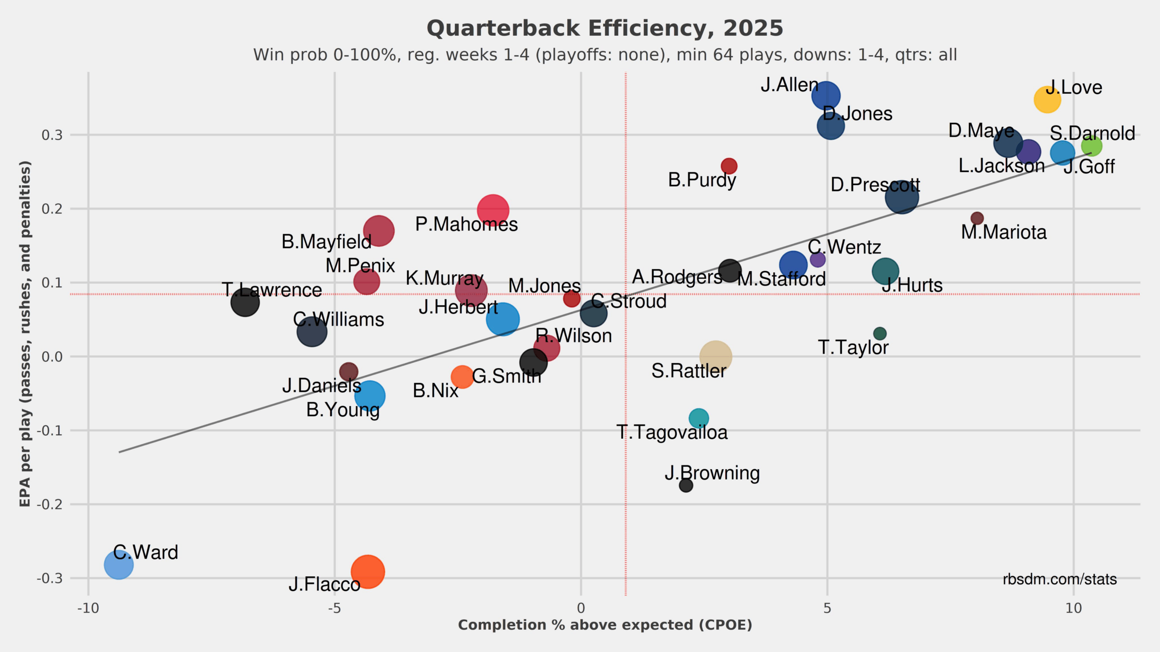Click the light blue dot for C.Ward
click(x=119, y=565)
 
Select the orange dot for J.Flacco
click(x=367, y=571)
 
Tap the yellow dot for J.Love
click(x=1047, y=100)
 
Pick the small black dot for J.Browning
click(x=686, y=485)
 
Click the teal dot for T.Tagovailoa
click(x=699, y=418)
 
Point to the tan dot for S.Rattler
click(x=715, y=357)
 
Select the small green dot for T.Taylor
click(x=880, y=334)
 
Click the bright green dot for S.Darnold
click(x=1091, y=146)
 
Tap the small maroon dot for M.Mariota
click(x=977, y=218)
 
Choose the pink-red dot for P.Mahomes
click(x=493, y=210)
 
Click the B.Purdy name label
click(x=702, y=180)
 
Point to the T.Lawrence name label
click(x=272, y=290)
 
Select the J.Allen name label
click(x=789, y=85)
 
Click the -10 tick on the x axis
click(x=88, y=608)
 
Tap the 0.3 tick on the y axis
click(x=52, y=135)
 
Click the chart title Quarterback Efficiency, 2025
click(x=605, y=29)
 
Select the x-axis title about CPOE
click(x=605, y=625)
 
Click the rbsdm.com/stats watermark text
click(x=1059, y=579)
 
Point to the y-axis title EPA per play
click(x=25, y=334)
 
